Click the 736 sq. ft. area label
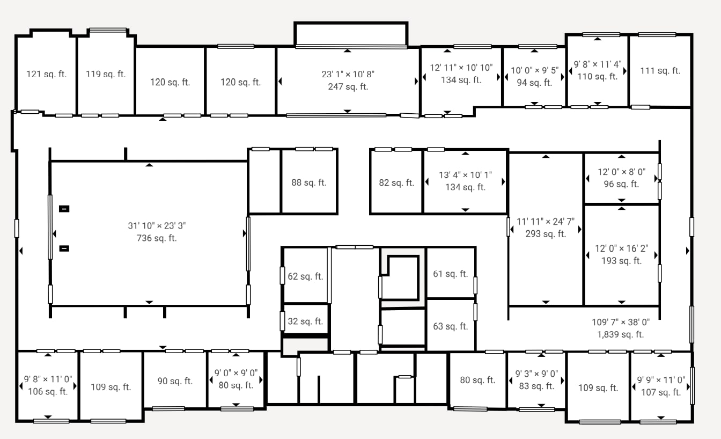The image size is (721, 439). tap(157, 238)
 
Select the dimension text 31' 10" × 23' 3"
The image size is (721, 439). tap(157, 226)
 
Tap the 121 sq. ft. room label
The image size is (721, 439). tap(47, 74)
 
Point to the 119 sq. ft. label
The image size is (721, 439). tap(106, 74)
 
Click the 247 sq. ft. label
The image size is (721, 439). tap(348, 86)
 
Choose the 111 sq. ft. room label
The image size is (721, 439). tap(660, 70)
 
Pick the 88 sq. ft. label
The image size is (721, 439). tap(308, 182)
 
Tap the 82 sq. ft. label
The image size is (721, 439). tap(396, 182)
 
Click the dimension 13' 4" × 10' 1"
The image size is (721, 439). tap(465, 175)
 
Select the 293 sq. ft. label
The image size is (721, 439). tap(546, 233)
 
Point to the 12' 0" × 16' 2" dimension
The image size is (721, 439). tap(621, 248)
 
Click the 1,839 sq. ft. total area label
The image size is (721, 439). tap(621, 334)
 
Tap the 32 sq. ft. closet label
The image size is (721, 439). tap(305, 321)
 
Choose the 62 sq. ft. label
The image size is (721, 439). tap(305, 276)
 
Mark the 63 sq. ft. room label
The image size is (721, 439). tap(451, 326)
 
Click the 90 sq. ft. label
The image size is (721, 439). tap(175, 381)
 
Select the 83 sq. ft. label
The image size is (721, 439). tap(536, 386)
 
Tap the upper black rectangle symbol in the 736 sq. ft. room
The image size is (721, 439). tap(64, 209)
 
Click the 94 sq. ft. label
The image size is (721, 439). tap(534, 83)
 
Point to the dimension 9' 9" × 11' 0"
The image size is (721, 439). tap(661, 380)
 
